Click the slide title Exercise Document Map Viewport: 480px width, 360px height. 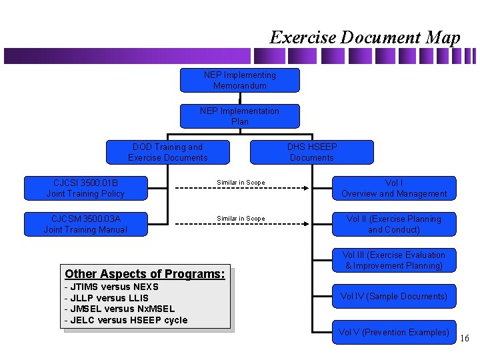(x=365, y=37)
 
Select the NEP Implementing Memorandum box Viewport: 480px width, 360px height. (x=240, y=80)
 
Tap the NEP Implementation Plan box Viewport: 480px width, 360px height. (x=240, y=116)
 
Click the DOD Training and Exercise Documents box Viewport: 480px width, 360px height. (x=168, y=152)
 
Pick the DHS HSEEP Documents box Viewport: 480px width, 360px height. (x=312, y=152)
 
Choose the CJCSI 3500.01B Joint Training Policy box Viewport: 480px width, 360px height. (x=85, y=188)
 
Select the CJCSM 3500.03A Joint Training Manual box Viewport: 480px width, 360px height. (x=85, y=224)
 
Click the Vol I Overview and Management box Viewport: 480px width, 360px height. (x=394, y=188)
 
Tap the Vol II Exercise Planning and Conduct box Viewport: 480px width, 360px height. (x=394, y=224)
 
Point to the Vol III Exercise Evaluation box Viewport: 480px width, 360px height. (x=394, y=260)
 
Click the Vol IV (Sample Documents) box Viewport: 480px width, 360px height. (x=394, y=296)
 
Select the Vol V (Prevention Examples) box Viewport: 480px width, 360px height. (x=394, y=332)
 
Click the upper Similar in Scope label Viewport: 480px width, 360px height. (x=241, y=183)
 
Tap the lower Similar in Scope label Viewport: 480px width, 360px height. (x=241, y=219)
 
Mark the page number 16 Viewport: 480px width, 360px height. (x=465, y=339)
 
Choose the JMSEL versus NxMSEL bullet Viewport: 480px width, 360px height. (x=119, y=309)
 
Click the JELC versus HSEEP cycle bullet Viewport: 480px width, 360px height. (x=126, y=320)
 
